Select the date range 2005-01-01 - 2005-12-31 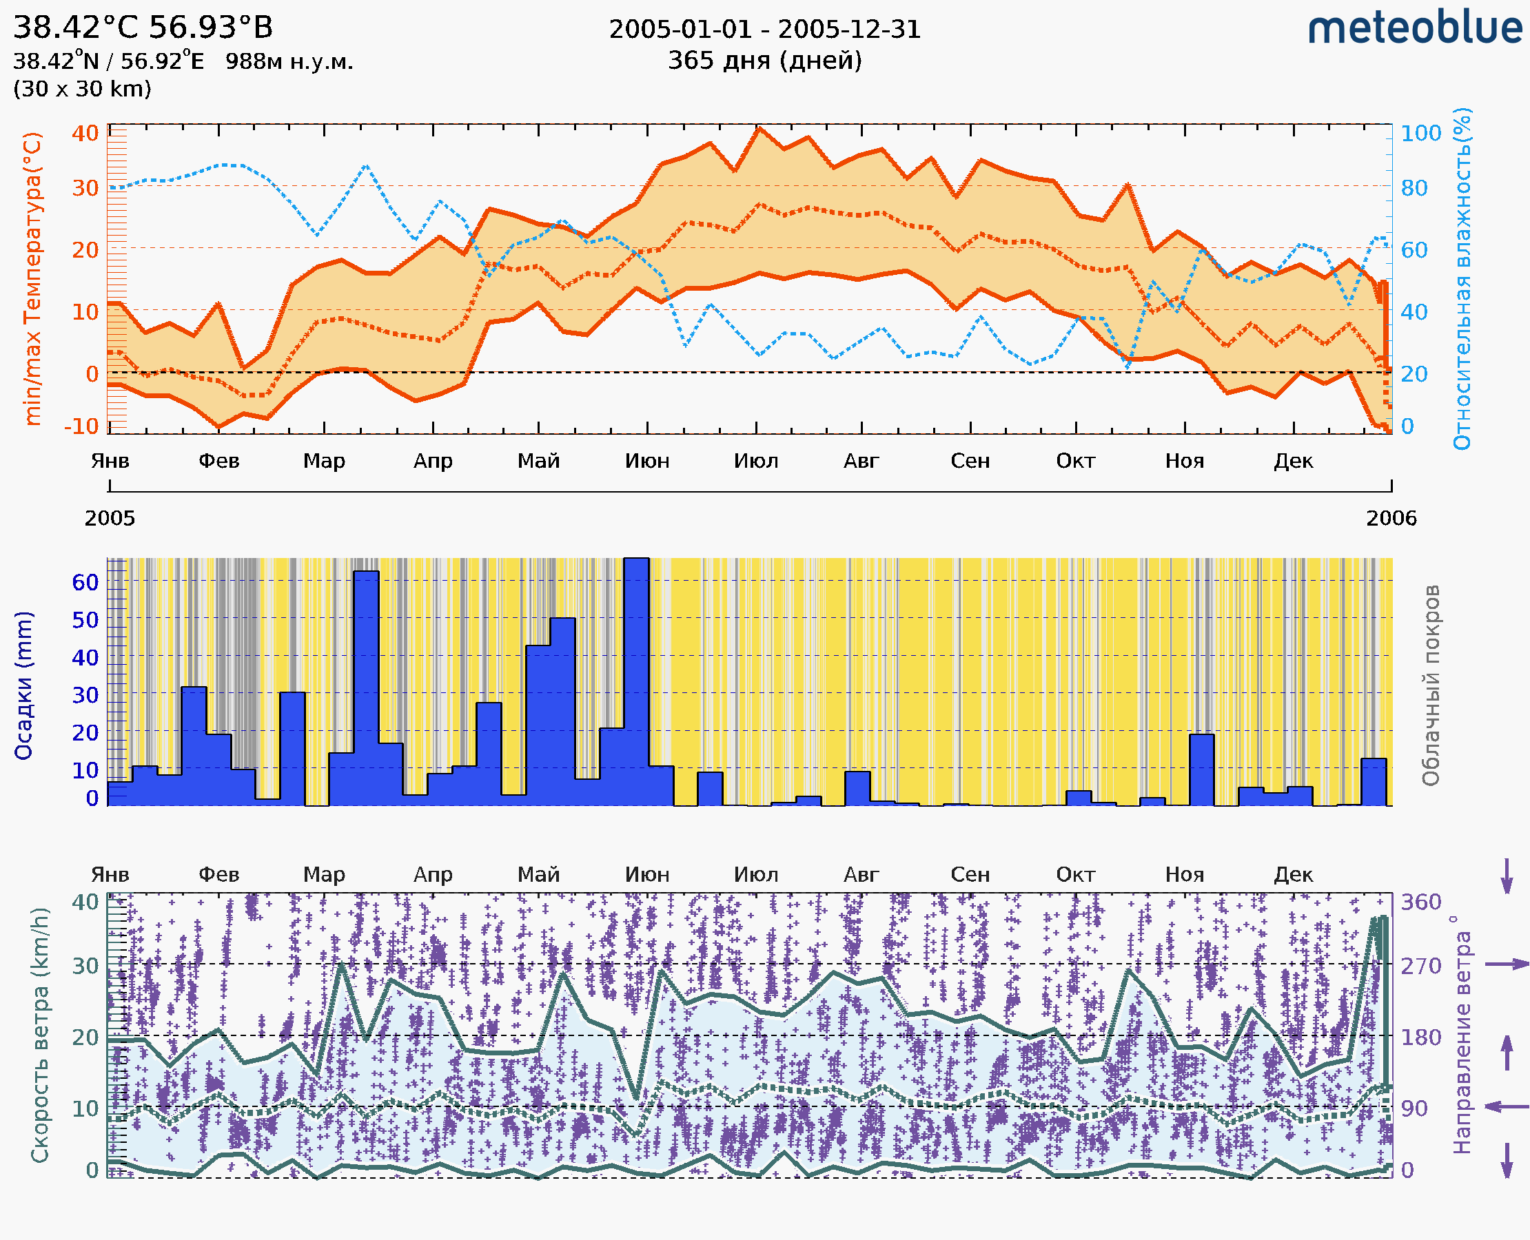[764, 30]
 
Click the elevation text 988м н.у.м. [289, 61]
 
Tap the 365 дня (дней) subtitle [764, 60]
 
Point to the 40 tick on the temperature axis [85, 133]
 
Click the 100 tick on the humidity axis [1420, 133]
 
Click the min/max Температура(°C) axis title [32, 278]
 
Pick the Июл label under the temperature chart [755, 461]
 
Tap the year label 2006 [1391, 518]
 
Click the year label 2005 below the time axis [110, 518]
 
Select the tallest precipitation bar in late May [636, 679]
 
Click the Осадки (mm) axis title [23, 685]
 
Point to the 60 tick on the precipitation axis [85, 582]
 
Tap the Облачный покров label [1430, 685]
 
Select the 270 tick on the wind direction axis [1420, 966]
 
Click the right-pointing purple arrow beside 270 [1507, 964]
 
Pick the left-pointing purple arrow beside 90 [1507, 1107]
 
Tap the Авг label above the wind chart [860, 874]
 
